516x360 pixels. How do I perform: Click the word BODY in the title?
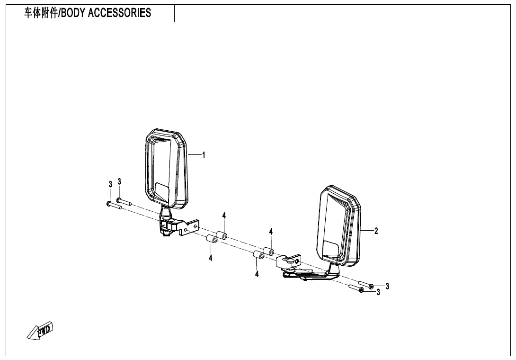click(73, 13)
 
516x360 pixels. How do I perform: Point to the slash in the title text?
click(59, 13)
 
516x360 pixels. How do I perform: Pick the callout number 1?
click(204, 155)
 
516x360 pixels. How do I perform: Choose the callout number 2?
click(376, 231)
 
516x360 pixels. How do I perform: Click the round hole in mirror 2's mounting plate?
click(297, 261)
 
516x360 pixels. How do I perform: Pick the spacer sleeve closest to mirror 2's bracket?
click(268, 252)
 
